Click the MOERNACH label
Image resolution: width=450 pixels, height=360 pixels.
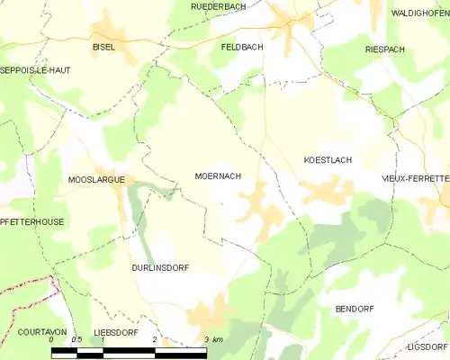tap(217, 176)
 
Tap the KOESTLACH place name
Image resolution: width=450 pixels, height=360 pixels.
tap(327, 159)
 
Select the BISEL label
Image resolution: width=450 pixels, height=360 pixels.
tap(103, 47)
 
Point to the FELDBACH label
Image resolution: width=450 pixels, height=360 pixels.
tap(241, 45)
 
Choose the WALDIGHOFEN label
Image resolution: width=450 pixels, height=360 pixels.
tap(419, 13)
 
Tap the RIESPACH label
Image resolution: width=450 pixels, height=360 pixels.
tap(385, 49)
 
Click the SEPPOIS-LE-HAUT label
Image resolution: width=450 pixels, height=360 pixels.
tap(35, 69)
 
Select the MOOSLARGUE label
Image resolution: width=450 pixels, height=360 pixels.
tap(95, 180)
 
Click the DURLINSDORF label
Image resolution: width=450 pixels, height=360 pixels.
tap(159, 268)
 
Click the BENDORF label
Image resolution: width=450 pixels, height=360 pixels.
tap(354, 309)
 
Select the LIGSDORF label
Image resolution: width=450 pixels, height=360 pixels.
tap(427, 346)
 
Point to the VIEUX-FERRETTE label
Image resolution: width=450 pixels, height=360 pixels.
tap(415, 179)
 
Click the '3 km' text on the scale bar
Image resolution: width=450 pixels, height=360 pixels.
tap(213, 339)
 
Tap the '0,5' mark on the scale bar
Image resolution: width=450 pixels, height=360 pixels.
tap(76, 339)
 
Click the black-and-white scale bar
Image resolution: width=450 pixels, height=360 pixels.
tap(129, 351)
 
